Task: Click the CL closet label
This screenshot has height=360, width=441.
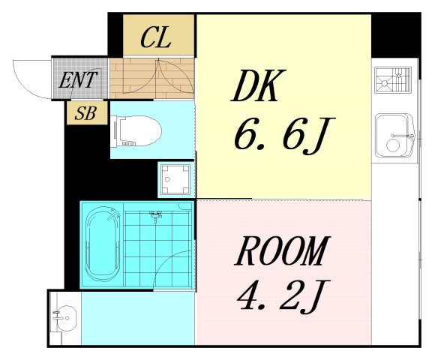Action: tap(157, 37)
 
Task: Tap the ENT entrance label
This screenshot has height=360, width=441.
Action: tap(78, 79)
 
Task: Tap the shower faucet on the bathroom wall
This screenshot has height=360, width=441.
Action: tap(155, 216)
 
